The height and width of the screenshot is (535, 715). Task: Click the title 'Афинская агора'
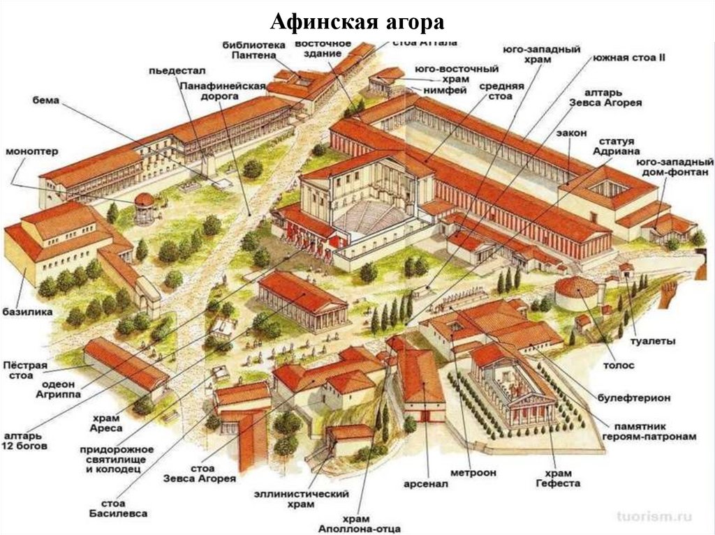tap(357, 22)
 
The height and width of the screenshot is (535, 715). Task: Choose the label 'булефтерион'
tap(634, 397)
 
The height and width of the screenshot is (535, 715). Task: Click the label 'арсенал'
tap(425, 483)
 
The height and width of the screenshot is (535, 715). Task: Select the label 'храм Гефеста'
tap(558, 476)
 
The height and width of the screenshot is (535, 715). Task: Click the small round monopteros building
tap(144, 207)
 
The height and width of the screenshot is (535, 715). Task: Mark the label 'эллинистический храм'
tap(301, 499)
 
